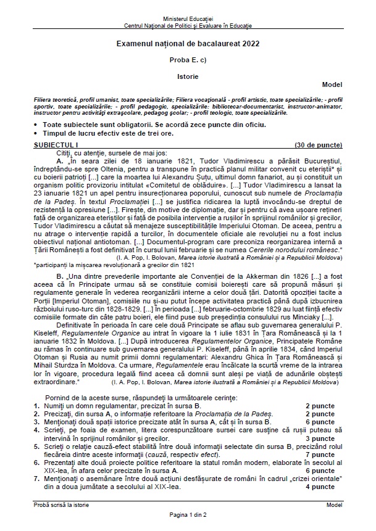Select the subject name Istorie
coord(188,76)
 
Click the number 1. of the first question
coord(36,405)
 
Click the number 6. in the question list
coord(36,461)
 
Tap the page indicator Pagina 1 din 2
coord(188,514)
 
